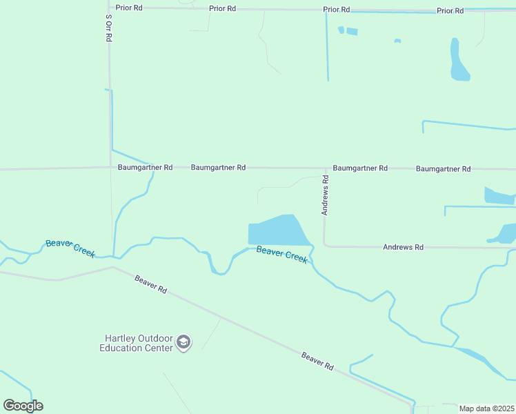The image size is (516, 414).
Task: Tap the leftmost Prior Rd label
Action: (x=128, y=8)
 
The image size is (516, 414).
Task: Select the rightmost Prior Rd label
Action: (x=450, y=10)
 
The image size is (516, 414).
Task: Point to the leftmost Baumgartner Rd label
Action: (x=145, y=167)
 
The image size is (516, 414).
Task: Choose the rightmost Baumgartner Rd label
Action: (x=443, y=168)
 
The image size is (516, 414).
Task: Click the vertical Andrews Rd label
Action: (x=326, y=195)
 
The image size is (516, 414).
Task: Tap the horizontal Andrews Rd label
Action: (x=403, y=246)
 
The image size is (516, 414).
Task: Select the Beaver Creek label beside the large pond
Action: (x=281, y=254)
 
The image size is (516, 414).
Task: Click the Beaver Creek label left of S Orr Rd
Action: (x=70, y=248)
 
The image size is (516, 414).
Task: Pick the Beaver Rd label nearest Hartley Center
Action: (x=150, y=285)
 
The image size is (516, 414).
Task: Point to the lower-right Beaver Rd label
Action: (x=317, y=361)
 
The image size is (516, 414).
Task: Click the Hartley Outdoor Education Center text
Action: (x=137, y=343)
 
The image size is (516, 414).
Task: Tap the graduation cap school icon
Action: (x=183, y=342)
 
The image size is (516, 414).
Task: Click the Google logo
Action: (x=23, y=405)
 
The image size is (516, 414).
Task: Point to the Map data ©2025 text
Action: (x=487, y=408)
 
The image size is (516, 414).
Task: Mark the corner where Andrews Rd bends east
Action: (x=324, y=245)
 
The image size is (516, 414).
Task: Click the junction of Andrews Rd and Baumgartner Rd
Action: (x=326, y=168)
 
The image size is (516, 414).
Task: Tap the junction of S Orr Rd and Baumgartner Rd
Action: (x=110, y=167)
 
